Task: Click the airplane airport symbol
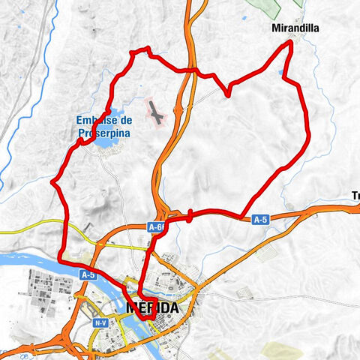(156, 115)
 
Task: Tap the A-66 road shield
(157, 226)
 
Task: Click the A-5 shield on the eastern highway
(260, 220)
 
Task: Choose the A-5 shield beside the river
(88, 274)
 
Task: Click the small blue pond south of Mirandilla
(282, 73)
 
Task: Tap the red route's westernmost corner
(52, 181)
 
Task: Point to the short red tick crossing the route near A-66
(190, 216)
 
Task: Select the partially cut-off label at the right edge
(355, 196)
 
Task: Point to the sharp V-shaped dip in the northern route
(227, 93)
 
